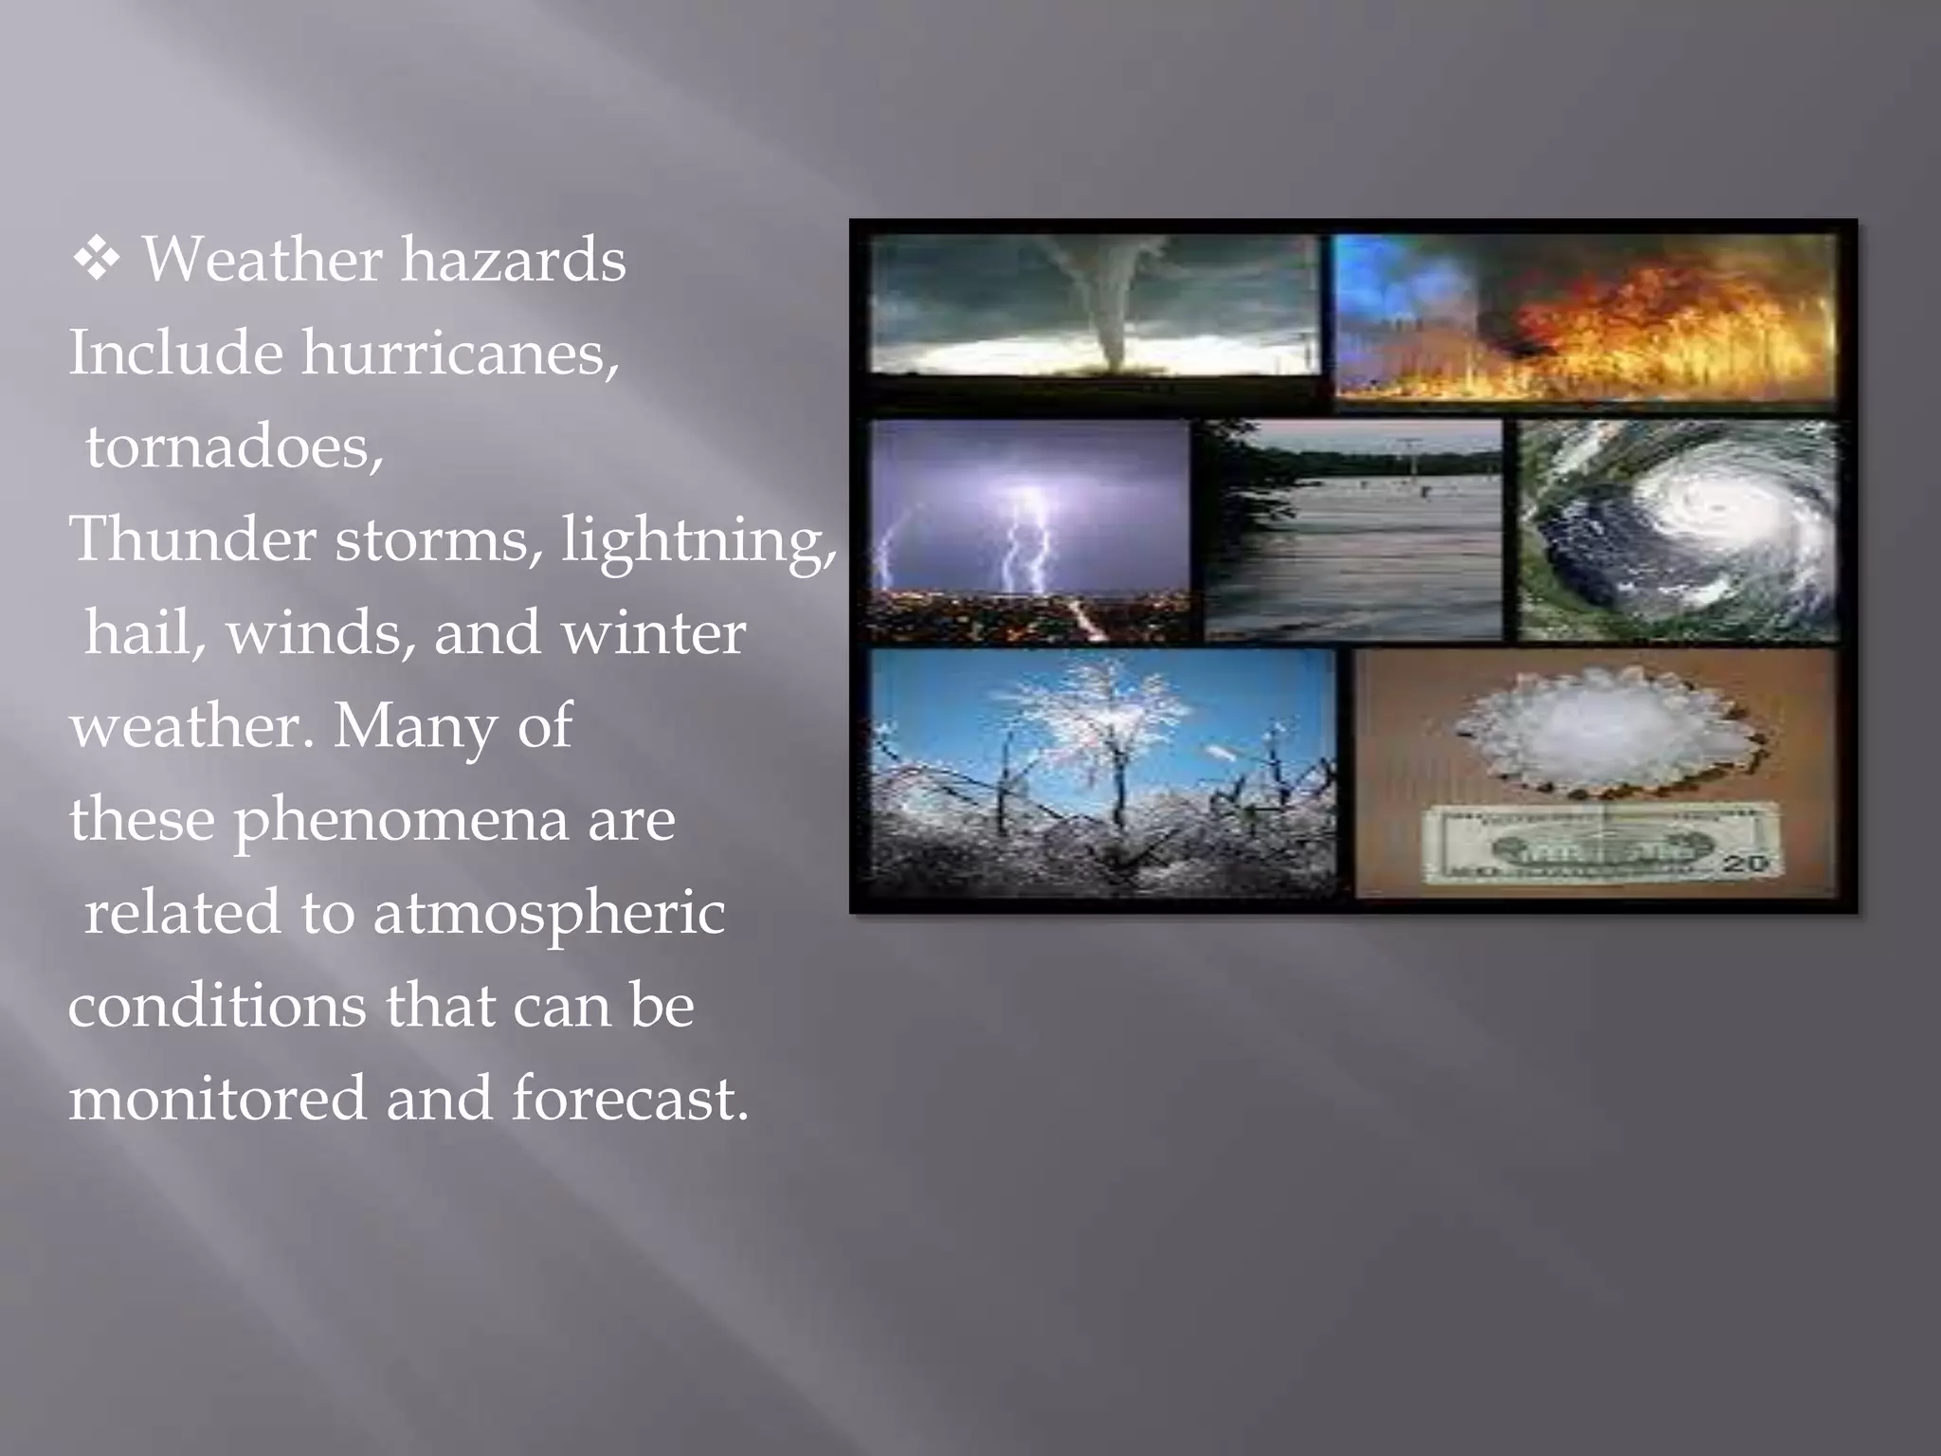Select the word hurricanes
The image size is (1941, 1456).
[x=461, y=353]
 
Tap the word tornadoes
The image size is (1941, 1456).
[x=234, y=446]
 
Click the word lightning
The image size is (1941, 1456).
[x=698, y=540]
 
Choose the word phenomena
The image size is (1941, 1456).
[x=402, y=820]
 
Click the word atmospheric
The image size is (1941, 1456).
[x=549, y=913]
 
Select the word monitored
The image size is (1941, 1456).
[x=217, y=1099]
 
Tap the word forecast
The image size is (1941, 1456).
[x=629, y=1099]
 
